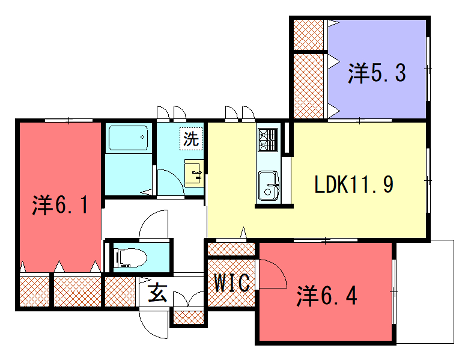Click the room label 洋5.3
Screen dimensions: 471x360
click(x=377, y=73)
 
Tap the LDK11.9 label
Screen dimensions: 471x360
click(x=354, y=184)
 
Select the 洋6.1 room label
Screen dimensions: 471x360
click(x=60, y=204)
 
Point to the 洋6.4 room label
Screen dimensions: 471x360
click(x=327, y=296)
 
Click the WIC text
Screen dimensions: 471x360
click(x=232, y=283)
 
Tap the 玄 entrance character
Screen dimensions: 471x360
click(x=157, y=293)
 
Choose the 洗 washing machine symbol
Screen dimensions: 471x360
click(x=191, y=138)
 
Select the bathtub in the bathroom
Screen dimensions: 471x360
click(x=128, y=138)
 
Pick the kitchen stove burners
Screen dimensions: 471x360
click(x=268, y=139)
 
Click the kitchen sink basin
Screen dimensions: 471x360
click(x=268, y=186)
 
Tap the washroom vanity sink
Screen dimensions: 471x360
click(x=194, y=173)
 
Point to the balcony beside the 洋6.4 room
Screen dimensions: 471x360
click(x=425, y=292)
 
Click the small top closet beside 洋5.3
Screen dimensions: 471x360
click(x=309, y=35)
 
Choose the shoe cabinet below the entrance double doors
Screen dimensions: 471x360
click(x=189, y=317)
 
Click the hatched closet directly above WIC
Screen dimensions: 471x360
click(x=231, y=249)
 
